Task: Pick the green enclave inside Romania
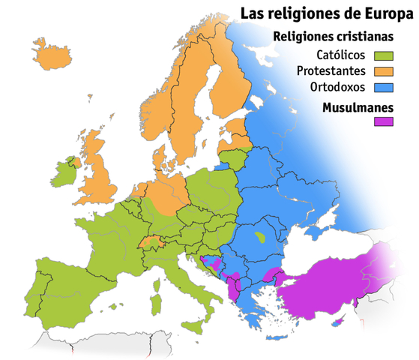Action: (x=260, y=237)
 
